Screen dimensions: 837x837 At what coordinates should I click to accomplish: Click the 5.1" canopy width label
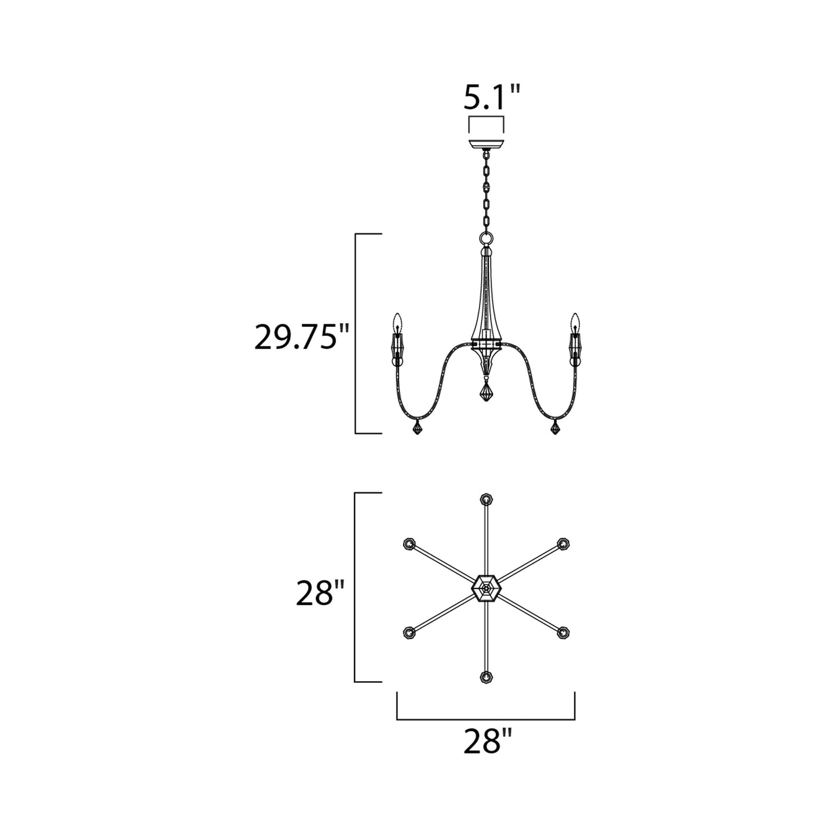[492, 97]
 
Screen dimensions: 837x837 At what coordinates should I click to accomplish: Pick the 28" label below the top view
[488, 741]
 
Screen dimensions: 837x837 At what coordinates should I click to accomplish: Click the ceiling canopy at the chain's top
[486, 142]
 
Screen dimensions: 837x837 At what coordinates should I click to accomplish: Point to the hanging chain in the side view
[486, 191]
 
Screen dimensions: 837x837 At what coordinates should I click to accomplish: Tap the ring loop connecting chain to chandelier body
[486, 239]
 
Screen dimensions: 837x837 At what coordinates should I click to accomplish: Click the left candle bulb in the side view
[397, 322]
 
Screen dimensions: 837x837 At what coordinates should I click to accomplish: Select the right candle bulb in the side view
[575, 322]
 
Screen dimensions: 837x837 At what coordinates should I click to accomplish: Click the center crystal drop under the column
[486, 393]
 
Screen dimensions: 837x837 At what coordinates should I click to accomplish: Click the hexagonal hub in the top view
[486, 589]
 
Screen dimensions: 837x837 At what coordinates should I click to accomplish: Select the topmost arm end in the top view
[486, 499]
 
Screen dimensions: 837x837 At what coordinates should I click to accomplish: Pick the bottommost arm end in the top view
[486, 677]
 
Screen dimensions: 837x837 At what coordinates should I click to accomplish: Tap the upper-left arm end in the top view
[409, 543]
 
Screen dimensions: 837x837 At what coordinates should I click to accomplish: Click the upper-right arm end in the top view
[562, 543]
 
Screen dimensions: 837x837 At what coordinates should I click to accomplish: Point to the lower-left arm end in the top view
[409, 633]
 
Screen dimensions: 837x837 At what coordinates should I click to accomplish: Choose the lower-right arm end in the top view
[562, 633]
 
